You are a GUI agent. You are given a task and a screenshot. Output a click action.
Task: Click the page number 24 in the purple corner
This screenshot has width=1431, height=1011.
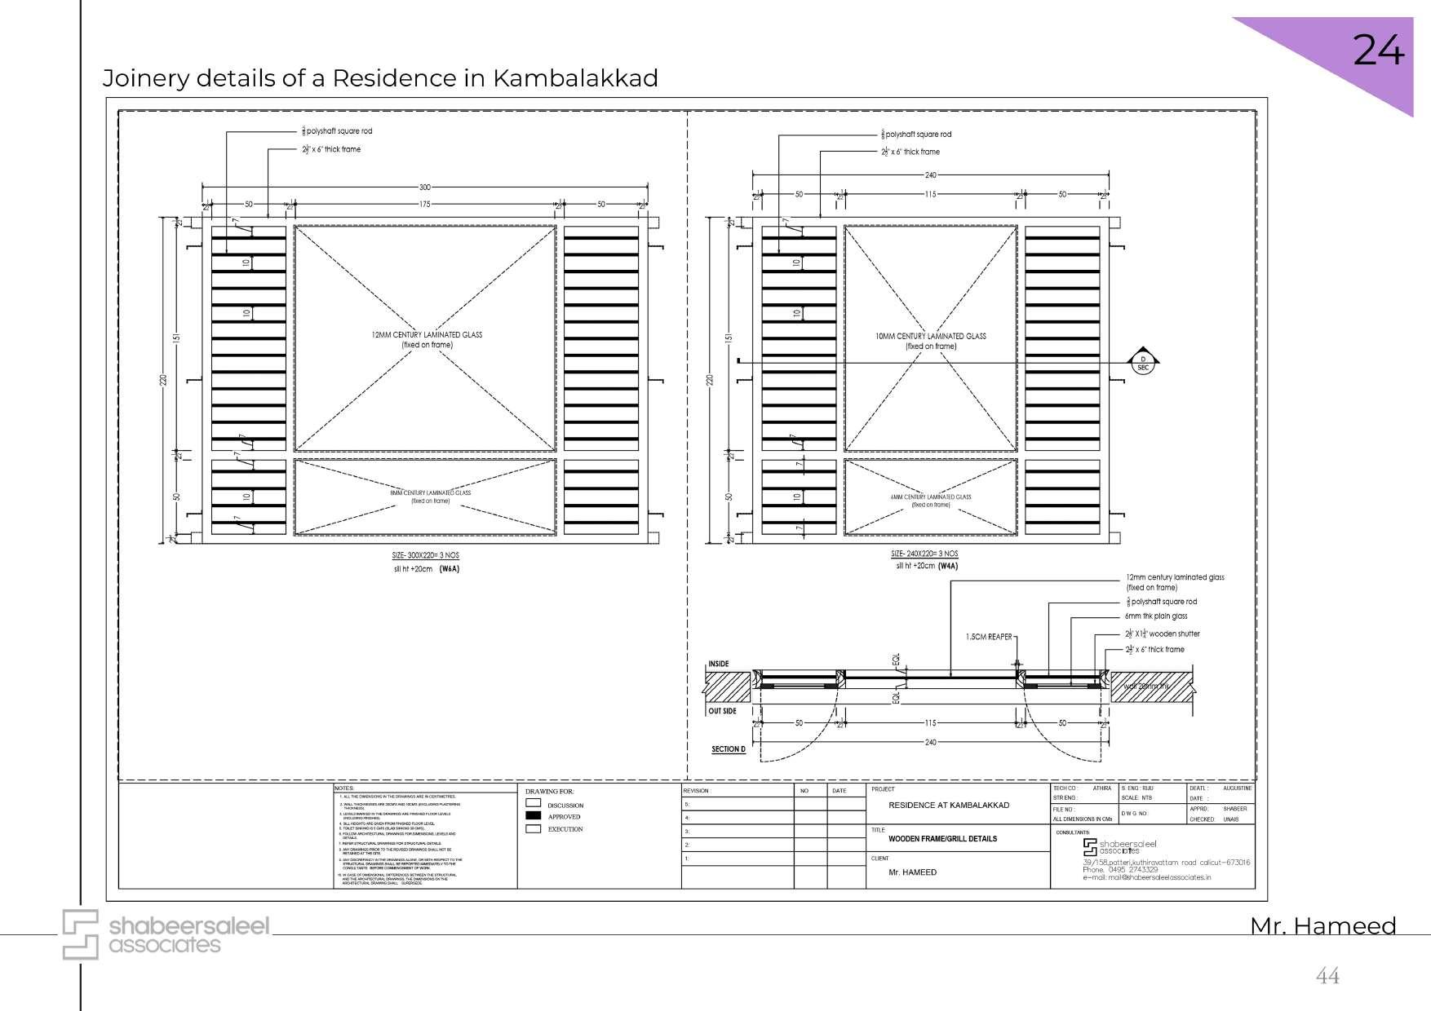click(1378, 51)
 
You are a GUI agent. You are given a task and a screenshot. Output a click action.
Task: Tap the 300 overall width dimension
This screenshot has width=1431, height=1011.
click(424, 187)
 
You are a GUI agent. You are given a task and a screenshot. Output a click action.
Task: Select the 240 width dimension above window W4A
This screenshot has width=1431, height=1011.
click(930, 174)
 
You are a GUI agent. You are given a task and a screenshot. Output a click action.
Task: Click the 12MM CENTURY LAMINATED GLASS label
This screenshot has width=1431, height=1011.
click(427, 334)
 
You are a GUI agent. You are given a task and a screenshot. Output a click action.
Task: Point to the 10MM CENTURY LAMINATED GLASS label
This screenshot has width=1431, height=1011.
click(931, 336)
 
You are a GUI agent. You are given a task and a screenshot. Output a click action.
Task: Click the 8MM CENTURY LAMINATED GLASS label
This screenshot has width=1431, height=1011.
click(430, 492)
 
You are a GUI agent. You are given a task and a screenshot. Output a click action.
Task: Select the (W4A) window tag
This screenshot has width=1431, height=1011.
click(947, 565)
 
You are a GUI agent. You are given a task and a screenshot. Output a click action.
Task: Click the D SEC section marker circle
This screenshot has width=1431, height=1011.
click(1142, 363)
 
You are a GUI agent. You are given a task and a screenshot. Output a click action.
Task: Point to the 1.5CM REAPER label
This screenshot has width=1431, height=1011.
click(988, 637)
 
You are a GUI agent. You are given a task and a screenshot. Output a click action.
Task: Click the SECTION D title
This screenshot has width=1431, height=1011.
click(729, 748)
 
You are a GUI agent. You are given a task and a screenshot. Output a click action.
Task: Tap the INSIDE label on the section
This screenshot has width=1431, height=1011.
click(718, 664)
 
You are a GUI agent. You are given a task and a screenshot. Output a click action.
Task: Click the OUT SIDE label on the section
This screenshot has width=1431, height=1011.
click(722, 711)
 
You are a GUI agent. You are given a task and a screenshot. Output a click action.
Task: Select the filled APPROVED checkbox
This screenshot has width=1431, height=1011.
click(534, 815)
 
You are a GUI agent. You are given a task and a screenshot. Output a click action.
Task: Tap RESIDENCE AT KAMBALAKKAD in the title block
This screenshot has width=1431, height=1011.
click(948, 805)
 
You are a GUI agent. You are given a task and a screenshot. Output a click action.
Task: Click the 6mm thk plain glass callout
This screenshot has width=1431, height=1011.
click(1155, 616)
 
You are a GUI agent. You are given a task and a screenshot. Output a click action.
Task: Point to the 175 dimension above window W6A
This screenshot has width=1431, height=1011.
click(424, 205)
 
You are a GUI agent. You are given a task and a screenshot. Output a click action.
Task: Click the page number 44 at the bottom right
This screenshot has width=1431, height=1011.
click(1327, 975)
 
